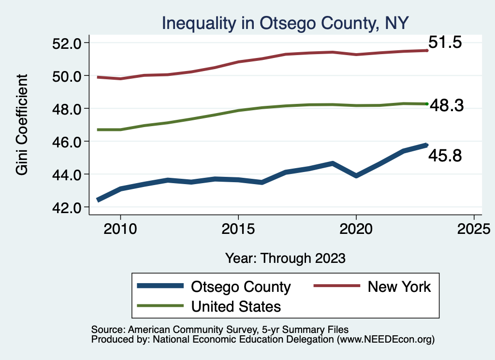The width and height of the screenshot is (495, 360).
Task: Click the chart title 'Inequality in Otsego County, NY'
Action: click(285, 23)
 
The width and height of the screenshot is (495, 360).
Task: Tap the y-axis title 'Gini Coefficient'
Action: click(22, 125)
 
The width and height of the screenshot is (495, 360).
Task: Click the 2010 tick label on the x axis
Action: click(120, 228)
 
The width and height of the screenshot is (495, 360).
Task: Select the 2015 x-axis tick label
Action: click(238, 228)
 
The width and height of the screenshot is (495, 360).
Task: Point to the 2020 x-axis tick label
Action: click(356, 228)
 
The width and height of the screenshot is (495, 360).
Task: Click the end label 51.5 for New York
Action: click(445, 43)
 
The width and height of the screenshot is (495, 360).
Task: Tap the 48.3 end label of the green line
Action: click(447, 105)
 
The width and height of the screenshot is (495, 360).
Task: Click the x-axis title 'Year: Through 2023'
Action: click(285, 258)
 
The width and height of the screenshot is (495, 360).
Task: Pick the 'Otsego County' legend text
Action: click(241, 287)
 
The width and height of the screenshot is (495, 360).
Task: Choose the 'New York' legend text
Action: click(399, 287)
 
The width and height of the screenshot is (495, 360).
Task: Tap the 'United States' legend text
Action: click(236, 306)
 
